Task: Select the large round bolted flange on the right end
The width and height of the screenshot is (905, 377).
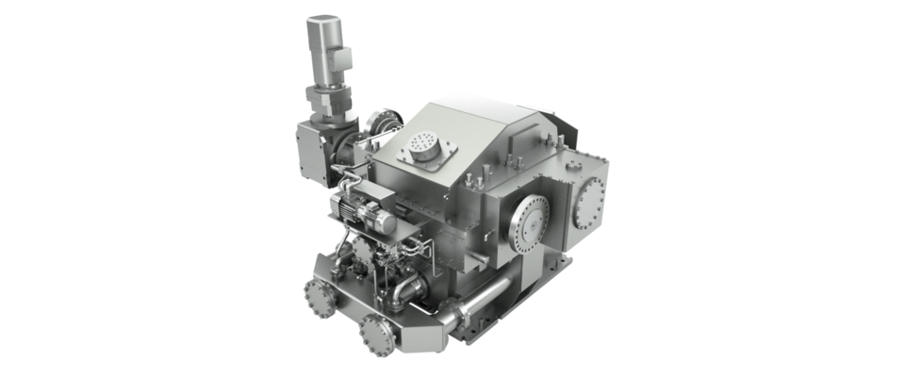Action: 591,200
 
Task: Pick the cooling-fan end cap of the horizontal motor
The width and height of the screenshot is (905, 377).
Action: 387,222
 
